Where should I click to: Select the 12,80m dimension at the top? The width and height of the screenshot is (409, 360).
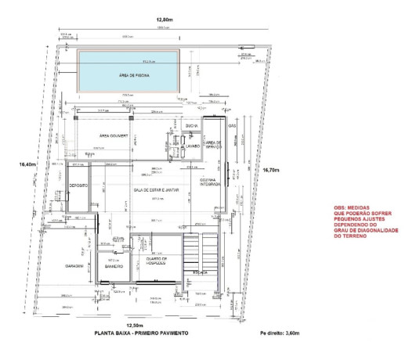point(165,19)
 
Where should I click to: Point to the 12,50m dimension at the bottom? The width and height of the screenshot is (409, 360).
point(136,324)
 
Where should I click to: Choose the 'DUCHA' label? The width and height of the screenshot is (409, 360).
point(191,126)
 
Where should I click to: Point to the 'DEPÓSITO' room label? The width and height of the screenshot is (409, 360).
point(78,185)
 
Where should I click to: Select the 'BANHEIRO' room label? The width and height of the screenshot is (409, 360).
point(116,266)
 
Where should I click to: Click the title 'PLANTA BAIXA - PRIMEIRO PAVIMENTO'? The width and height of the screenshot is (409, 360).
point(141,333)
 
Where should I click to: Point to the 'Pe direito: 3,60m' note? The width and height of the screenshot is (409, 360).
point(284,333)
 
